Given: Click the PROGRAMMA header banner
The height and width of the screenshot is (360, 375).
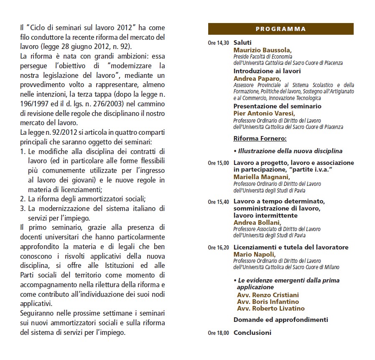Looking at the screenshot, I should point(281,29).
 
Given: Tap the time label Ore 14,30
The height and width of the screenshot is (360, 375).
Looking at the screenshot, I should point(218,43).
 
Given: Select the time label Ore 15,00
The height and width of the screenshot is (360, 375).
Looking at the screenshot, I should point(218,163).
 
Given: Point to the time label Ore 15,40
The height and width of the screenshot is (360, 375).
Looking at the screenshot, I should point(218,202).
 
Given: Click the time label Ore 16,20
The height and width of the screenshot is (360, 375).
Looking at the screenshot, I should point(218,248).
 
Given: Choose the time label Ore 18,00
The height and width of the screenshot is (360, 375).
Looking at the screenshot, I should point(218,334).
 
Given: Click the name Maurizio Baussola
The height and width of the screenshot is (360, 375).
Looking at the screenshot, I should point(262,50).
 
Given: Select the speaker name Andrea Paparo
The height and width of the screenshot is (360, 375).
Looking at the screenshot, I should point(257,78).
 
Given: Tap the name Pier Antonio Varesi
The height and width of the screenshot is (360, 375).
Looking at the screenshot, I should point(264,113).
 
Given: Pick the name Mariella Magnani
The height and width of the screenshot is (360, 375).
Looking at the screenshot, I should point(261,177).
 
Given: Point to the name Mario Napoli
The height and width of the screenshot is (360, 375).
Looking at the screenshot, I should point(254,254).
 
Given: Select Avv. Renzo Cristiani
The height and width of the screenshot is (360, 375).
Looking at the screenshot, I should point(268,295).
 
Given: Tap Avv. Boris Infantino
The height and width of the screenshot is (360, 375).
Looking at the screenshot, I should point(268,301).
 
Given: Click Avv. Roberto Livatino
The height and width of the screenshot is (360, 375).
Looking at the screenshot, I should point(270,309).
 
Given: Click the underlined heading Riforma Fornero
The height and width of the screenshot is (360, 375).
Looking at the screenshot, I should point(260,138).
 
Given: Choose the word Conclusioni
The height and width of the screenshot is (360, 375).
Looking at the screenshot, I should point(252,333).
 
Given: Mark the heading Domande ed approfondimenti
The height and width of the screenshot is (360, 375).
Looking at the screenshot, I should point(281,320).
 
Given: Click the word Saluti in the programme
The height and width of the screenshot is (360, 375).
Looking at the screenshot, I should point(242,43).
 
